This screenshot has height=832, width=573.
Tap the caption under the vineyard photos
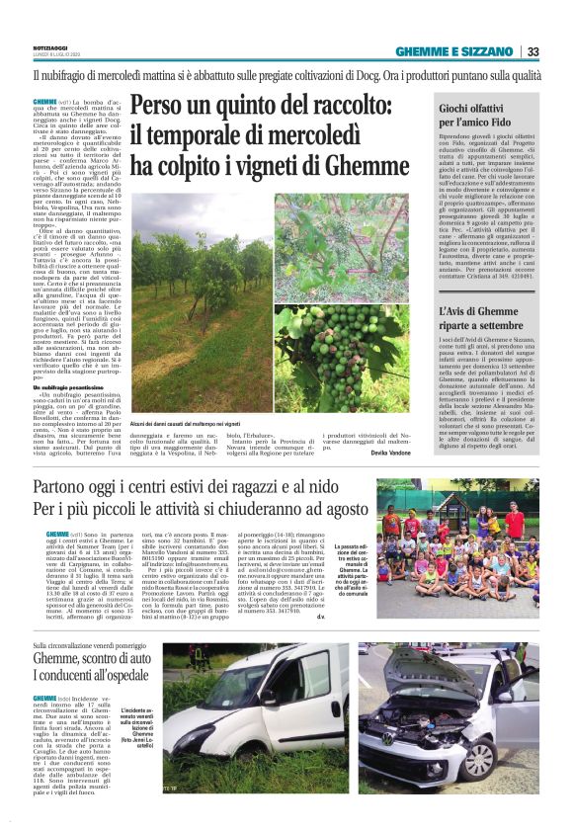tap(196, 422)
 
